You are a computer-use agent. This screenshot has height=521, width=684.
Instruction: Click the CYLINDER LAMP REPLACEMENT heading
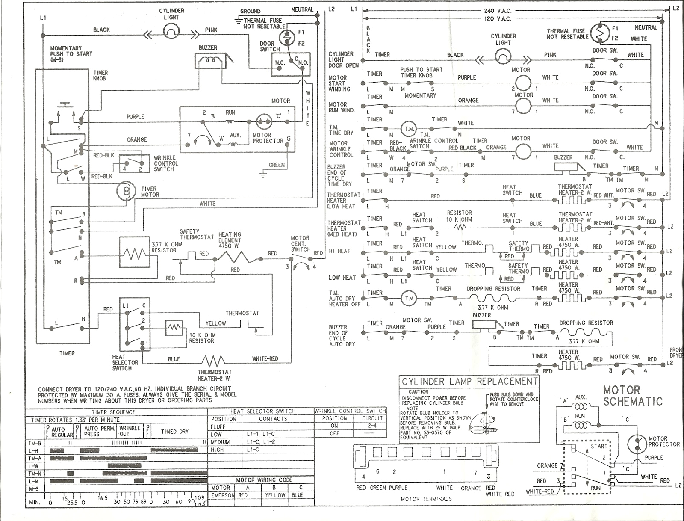tap(469, 382)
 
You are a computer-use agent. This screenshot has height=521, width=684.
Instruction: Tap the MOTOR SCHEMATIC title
tap(632, 396)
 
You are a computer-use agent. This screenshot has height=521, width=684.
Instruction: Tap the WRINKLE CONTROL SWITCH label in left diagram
tap(166, 163)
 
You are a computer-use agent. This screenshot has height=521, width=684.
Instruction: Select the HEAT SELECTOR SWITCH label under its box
tap(125, 362)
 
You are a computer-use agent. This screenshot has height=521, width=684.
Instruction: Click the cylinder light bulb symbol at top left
tap(171, 30)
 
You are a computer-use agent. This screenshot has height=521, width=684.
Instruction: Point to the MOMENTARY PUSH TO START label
tap(71, 54)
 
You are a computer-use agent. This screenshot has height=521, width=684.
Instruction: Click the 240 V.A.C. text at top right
tap(498, 11)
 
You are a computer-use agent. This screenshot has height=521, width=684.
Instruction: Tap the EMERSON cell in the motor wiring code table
tap(223, 495)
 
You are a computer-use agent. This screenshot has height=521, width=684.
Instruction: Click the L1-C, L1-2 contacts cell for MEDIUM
tap(261, 442)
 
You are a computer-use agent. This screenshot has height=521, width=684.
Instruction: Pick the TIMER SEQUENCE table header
tap(113, 412)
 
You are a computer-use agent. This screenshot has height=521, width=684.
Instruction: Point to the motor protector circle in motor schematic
tap(637, 444)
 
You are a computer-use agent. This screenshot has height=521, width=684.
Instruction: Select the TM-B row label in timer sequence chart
tap(35, 443)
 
